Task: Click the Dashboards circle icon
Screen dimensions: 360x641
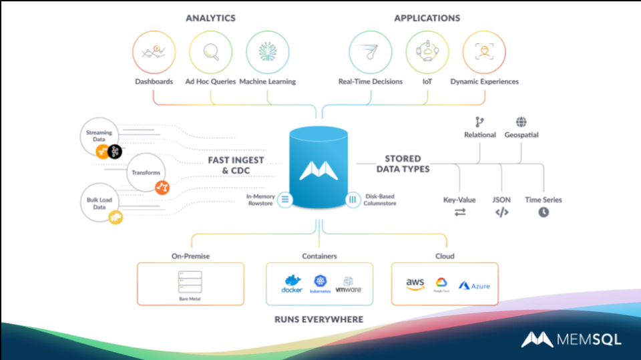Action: (154, 52)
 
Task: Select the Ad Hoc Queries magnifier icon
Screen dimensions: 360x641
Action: (210, 52)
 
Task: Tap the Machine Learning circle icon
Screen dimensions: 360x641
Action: (267, 52)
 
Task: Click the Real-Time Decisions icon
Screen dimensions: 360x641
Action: (371, 52)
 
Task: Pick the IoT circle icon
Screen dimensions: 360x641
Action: (427, 52)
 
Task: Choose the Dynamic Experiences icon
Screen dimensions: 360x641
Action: (484, 52)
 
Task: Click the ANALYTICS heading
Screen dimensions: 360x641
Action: (211, 18)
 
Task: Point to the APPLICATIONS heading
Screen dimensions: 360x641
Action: (427, 18)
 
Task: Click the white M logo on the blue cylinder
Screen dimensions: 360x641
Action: (319, 170)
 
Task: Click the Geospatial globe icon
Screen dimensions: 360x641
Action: (521, 122)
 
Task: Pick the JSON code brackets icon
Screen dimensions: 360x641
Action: (501, 212)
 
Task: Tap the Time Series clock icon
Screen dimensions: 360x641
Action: (544, 212)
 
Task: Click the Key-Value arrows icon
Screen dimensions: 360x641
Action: (460, 212)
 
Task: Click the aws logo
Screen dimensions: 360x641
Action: (415, 284)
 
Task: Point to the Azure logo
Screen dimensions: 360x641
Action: (475, 286)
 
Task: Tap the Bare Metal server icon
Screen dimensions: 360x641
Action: (190, 281)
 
